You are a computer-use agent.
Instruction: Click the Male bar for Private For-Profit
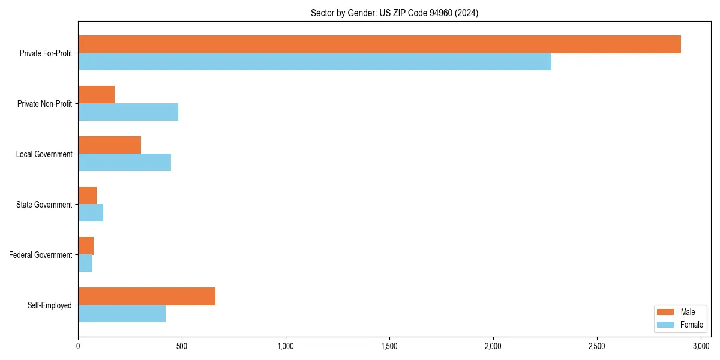379,44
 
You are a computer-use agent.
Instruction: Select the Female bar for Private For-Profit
314,62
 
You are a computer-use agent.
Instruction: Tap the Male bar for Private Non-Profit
96,95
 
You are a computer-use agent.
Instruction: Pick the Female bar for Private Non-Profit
128,112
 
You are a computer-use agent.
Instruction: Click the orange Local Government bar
109,145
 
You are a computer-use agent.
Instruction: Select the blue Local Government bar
124,163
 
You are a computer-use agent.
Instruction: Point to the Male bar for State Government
87,196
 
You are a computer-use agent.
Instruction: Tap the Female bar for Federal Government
85,263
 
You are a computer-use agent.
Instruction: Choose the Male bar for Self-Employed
146,296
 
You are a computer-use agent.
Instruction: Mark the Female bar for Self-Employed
122,314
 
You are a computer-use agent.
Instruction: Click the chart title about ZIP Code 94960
394,13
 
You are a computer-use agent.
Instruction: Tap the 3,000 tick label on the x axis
701,346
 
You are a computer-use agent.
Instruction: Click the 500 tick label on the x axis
182,346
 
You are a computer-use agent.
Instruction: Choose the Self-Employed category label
50,305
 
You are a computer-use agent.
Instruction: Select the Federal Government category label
41,255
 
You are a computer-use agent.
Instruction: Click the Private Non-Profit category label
44,104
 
